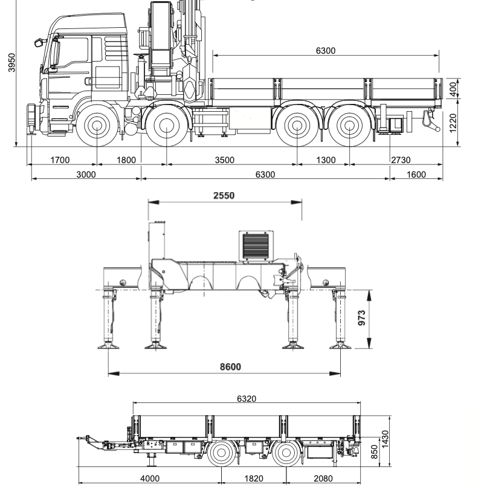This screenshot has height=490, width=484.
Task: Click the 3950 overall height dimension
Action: tap(11, 62)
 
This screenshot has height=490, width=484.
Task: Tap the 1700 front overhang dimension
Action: tap(60, 160)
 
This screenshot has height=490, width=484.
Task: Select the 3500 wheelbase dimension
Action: tap(225, 160)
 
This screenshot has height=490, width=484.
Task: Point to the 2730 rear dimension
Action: tap(401, 160)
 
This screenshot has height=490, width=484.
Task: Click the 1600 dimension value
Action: tap(416, 175)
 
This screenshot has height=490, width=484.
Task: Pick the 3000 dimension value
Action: tap(86, 175)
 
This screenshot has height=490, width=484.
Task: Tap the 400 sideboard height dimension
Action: tap(453, 89)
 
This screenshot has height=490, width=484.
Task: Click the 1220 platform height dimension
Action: tap(453, 123)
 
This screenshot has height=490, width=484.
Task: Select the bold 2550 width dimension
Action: tap(224, 196)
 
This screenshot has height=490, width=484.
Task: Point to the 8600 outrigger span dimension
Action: tap(231, 367)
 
